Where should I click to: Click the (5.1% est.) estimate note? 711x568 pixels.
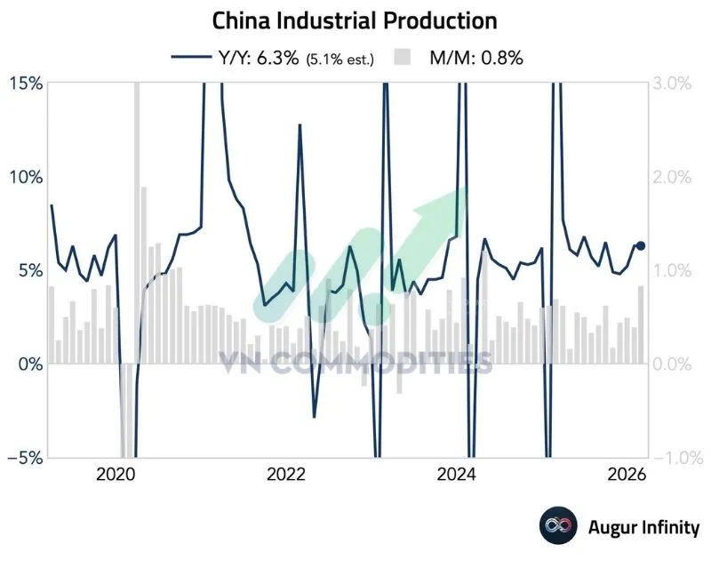(x=341, y=59)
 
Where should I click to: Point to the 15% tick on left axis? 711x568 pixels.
(x=26, y=83)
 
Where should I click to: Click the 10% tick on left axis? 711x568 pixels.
(x=26, y=176)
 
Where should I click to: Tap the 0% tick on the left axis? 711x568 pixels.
(x=30, y=364)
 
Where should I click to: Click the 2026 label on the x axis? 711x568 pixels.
(x=627, y=476)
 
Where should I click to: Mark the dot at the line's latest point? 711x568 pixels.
(x=641, y=245)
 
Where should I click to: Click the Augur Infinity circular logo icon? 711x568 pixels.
(x=557, y=526)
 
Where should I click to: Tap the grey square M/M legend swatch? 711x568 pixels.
(x=403, y=58)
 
